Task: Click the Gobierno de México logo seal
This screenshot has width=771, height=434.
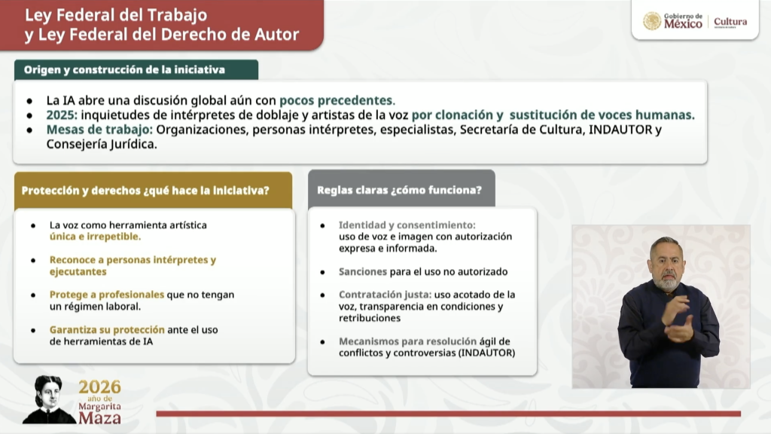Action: (652, 21)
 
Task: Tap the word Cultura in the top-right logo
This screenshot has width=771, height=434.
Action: (730, 22)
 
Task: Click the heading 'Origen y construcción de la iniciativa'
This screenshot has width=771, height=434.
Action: (124, 70)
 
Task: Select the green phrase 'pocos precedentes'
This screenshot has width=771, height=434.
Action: (336, 100)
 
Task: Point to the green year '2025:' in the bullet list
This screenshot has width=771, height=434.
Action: (62, 115)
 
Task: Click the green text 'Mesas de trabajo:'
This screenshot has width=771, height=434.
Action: (99, 130)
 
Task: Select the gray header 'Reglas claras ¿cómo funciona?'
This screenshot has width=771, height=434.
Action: (399, 190)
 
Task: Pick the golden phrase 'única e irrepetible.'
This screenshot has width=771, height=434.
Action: (95, 237)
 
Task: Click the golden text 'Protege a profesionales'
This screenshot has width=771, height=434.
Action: (107, 295)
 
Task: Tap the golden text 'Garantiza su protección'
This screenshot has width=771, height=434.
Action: (107, 330)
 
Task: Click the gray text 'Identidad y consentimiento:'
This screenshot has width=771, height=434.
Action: (407, 225)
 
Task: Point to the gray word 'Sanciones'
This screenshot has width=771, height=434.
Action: (363, 271)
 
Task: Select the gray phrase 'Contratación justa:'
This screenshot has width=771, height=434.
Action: (385, 295)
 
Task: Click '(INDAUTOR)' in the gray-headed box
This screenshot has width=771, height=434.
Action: (487, 353)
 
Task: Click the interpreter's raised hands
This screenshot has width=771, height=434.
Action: (678, 319)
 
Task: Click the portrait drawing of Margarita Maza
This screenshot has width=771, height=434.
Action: (48, 399)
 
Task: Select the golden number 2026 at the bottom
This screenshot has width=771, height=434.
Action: (100, 387)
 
